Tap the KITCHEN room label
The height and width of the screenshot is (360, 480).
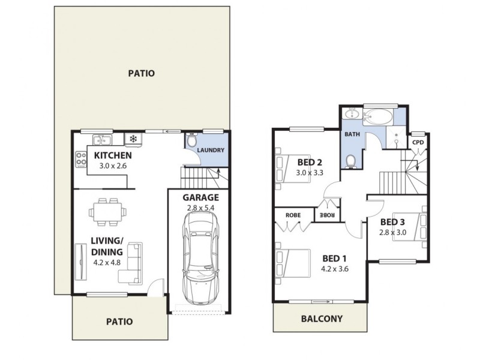pyautogui.click(x=113, y=155)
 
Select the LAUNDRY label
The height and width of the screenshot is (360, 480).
pyautogui.click(x=211, y=151)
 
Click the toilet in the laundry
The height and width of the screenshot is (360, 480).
pyautogui.click(x=191, y=141)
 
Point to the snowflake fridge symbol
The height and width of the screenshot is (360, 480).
pyautogui.click(x=133, y=140)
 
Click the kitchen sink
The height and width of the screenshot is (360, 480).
pyautogui.click(x=101, y=140)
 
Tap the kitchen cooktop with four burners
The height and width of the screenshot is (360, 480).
pyautogui.click(x=80, y=158)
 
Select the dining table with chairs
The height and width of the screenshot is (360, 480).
pyautogui.click(x=109, y=212)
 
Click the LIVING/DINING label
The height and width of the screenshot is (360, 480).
pyautogui.click(x=107, y=247)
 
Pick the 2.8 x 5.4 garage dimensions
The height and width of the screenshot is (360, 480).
pyautogui.click(x=201, y=208)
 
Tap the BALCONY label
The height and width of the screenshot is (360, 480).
pyautogui.click(x=321, y=319)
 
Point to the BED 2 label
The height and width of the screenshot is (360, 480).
pyautogui.click(x=310, y=162)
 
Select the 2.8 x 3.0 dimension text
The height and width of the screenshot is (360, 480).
pyautogui.click(x=394, y=233)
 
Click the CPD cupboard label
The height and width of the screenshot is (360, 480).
pyautogui.click(x=418, y=142)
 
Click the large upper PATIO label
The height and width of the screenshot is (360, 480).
pyautogui.click(x=142, y=74)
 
